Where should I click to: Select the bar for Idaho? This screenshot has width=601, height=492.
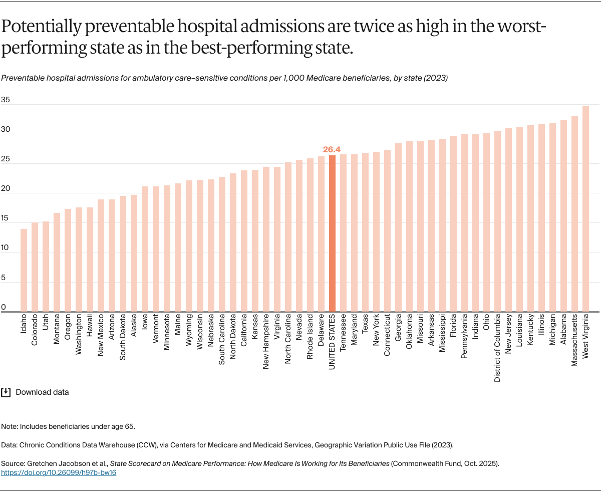pos(24,270)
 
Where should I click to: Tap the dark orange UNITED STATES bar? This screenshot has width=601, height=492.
pos(332,233)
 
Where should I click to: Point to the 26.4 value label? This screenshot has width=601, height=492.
pos(332,149)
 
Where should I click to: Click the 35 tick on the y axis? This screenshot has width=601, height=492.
pos(5,99)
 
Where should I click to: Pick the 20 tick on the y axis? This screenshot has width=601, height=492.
pos(5,188)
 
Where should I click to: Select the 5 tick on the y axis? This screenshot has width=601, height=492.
pos(4,278)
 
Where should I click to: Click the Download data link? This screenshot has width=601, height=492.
pos(42,392)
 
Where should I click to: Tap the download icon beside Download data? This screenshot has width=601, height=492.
pos(6,392)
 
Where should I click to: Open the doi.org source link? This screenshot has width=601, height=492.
pos(59,472)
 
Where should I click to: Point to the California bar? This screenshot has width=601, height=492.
pos(244,241)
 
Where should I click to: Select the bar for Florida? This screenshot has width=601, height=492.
pos(453,223)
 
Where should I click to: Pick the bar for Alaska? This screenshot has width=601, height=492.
pos(134,253)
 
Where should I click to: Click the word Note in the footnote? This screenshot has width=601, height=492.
pos(9,426)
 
